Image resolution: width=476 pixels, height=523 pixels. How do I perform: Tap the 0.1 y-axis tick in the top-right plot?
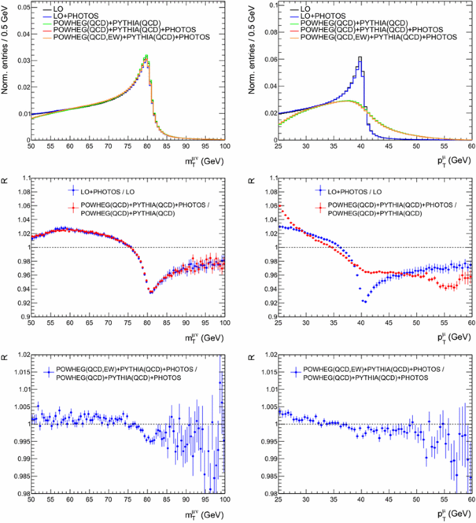coord(272,5)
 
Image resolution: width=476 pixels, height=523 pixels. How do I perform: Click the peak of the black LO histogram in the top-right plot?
coord(360,58)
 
